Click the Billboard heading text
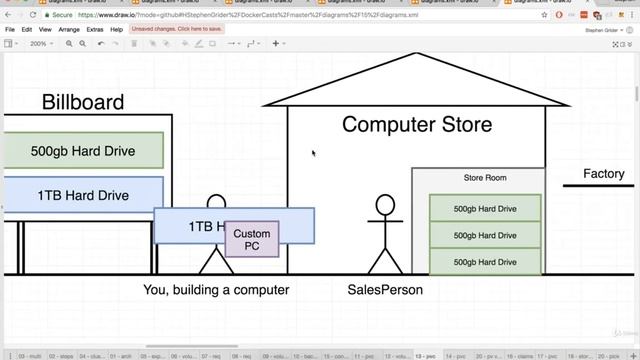click(x=83, y=102)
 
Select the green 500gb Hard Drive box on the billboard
click(x=83, y=151)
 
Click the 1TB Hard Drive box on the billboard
click(x=83, y=195)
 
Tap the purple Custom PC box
click(x=252, y=239)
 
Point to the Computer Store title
click(x=417, y=125)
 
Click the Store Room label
click(x=485, y=178)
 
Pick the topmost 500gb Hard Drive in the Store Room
click(x=485, y=209)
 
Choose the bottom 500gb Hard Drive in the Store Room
click(x=485, y=261)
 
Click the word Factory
click(x=604, y=174)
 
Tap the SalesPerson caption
click(x=385, y=290)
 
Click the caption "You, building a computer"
click(x=216, y=290)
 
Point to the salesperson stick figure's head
click(x=385, y=206)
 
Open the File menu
click(x=10, y=30)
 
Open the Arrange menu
click(x=69, y=30)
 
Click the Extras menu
click(x=95, y=30)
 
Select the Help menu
click(x=117, y=30)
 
